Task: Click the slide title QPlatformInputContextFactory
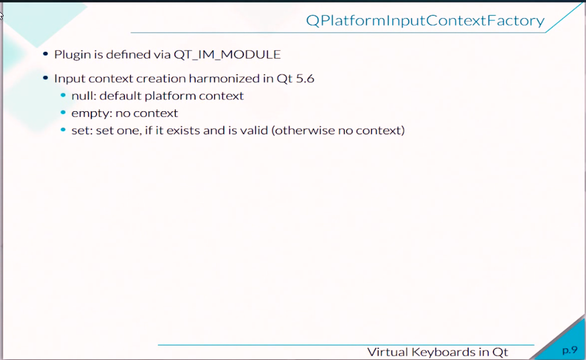pyautogui.click(x=425, y=21)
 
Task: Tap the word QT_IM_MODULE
pyautogui.click(x=227, y=55)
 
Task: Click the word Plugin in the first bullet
pyautogui.click(x=73, y=55)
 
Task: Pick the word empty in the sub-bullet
pyautogui.click(x=91, y=114)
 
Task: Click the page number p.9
pyautogui.click(x=570, y=350)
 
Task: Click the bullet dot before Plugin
pyautogui.click(x=45, y=54)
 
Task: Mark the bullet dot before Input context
pyautogui.click(x=45, y=78)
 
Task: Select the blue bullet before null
pyautogui.click(x=63, y=95)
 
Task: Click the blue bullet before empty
pyautogui.click(x=63, y=113)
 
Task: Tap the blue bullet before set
pyautogui.click(x=63, y=129)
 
